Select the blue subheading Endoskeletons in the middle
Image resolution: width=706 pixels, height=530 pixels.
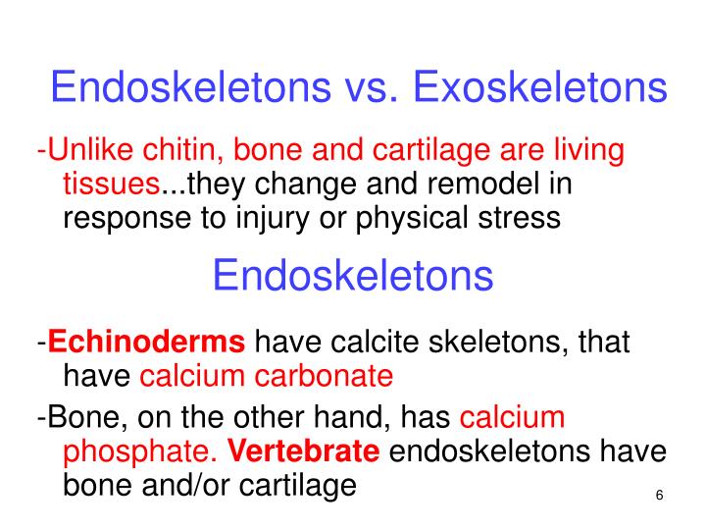pos(352,277)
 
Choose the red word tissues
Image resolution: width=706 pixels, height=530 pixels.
pos(111,184)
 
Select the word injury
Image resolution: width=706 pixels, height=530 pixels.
pos(274,217)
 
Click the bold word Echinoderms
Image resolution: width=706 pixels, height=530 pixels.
pos(146,344)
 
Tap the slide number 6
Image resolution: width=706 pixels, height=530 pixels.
pos(659,496)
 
